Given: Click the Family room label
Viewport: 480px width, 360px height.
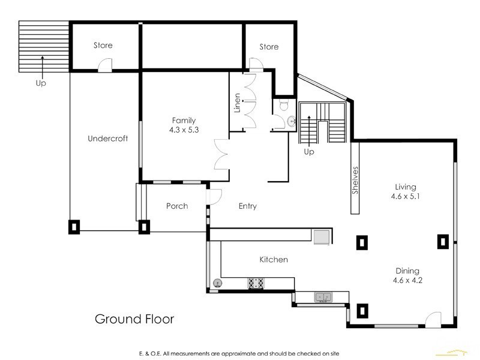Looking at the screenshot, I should pyautogui.click(x=184, y=121).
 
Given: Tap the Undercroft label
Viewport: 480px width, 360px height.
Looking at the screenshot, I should pyautogui.click(x=108, y=139).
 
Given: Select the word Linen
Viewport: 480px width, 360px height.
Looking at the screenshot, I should pyautogui.click(x=238, y=103).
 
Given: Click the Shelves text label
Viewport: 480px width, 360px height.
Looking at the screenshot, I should pyautogui.click(x=355, y=180).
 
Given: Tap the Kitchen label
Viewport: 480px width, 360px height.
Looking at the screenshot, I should pyautogui.click(x=274, y=260).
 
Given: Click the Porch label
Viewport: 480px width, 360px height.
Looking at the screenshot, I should pyautogui.click(x=177, y=206).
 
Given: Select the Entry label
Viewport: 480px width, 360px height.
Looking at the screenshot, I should pyautogui.click(x=247, y=206).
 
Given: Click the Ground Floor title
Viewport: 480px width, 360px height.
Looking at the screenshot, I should pyautogui.click(x=134, y=319).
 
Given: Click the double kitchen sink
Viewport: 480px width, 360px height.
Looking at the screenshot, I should pyautogui.click(x=324, y=296).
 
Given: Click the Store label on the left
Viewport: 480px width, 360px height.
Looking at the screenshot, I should pyautogui.click(x=103, y=46).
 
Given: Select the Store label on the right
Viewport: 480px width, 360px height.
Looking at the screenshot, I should pyautogui.click(x=269, y=46).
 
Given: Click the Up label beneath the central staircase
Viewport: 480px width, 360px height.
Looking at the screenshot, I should pyautogui.click(x=309, y=152).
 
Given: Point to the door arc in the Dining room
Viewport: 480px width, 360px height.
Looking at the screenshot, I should pyautogui.click(x=433, y=319).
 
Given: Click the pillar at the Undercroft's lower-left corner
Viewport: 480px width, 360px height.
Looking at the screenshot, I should pyautogui.click(x=74, y=226).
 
